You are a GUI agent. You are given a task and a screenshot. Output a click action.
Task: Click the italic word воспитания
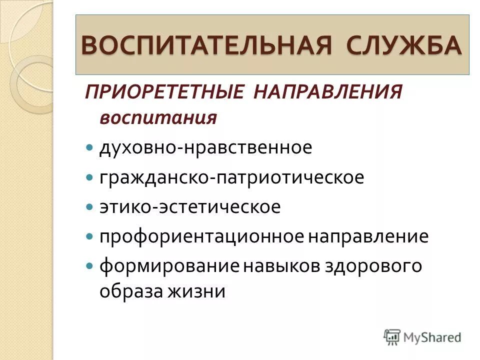(x=158, y=118)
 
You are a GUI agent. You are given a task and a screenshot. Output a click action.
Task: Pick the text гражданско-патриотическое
(x=231, y=177)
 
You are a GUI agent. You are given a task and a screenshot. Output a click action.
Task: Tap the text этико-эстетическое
(x=190, y=206)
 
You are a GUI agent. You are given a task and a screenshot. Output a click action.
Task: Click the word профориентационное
(x=201, y=236)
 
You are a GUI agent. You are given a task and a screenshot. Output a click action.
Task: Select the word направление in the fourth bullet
(x=368, y=236)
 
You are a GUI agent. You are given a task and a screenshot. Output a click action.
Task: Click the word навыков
(x=283, y=265)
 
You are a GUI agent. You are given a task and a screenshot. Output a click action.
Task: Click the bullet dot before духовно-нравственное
(x=89, y=148)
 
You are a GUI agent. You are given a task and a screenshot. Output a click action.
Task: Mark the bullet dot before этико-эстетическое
(x=89, y=207)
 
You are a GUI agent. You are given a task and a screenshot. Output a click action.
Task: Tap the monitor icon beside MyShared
(x=393, y=337)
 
